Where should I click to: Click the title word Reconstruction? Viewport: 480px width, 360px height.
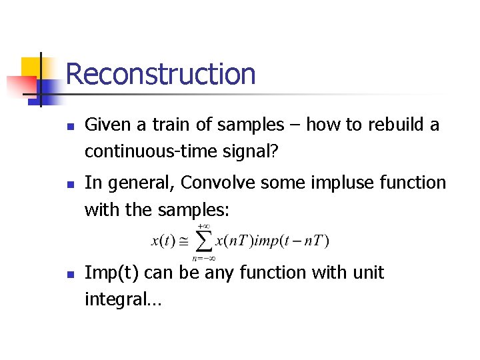click(x=161, y=73)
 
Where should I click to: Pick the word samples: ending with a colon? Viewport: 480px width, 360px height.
click(x=194, y=210)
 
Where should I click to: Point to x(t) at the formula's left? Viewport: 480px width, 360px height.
click(x=163, y=241)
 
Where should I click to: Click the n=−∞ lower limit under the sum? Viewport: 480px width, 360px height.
click(x=202, y=257)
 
